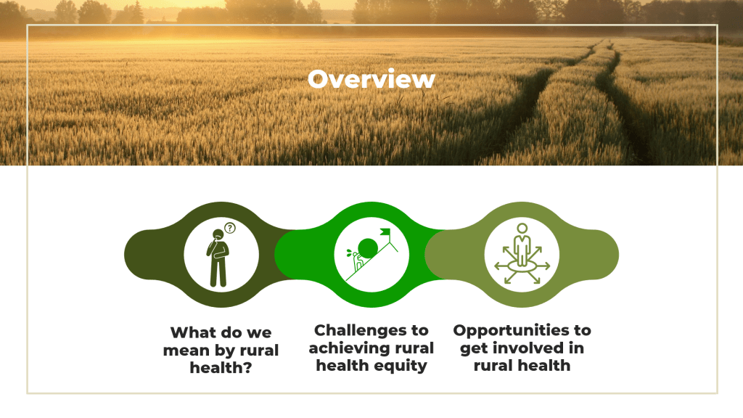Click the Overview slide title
click(371, 79)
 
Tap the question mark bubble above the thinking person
click(230, 228)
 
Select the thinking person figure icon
click(217, 258)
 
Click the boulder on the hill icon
click(369, 247)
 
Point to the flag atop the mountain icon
click(385, 234)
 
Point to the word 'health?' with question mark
click(221, 368)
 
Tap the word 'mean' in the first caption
click(185, 350)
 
